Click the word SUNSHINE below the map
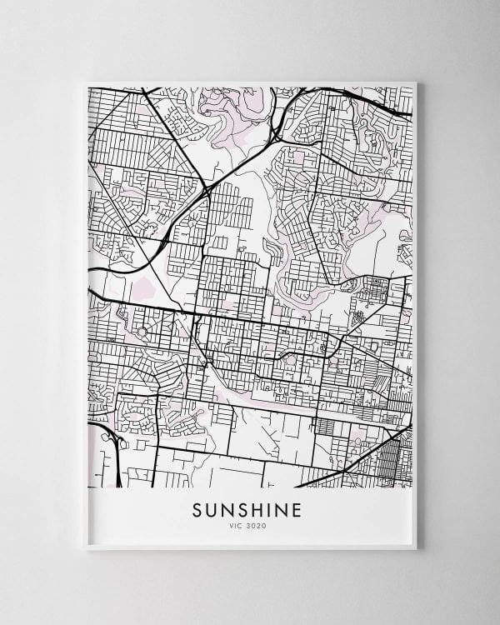[x=249, y=509]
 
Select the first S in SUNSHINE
[x=198, y=509]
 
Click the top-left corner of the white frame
[x=86, y=81]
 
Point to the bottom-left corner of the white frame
[x=86, y=548]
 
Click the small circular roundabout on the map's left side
[x=142, y=332]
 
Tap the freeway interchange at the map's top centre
[x=275, y=132]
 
